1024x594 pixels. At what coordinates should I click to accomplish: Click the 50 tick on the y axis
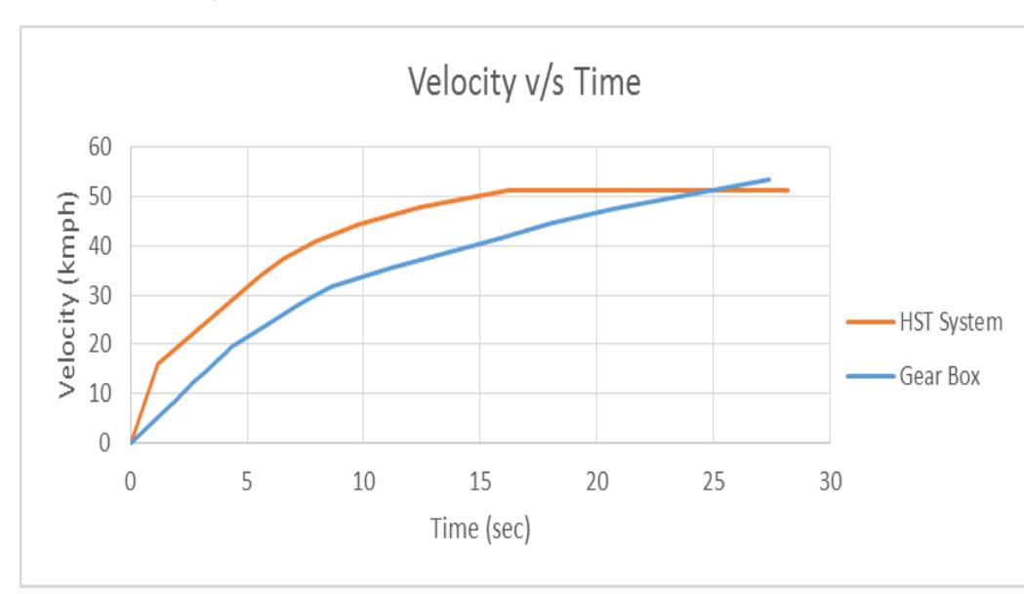(102, 196)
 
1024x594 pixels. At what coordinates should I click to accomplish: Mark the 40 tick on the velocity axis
(102, 246)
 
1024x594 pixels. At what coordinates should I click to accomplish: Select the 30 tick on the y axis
(102, 295)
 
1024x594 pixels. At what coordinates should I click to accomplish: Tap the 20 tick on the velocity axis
(102, 344)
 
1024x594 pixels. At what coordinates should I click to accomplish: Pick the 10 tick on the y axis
(102, 394)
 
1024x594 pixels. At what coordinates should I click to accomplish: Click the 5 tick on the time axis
(247, 482)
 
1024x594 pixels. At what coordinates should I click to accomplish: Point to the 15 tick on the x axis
(479, 482)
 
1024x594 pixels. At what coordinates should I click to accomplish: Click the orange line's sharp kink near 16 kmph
(158, 363)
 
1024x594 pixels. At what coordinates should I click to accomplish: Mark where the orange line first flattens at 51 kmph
(509, 191)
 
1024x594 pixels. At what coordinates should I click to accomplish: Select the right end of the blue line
(769, 179)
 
